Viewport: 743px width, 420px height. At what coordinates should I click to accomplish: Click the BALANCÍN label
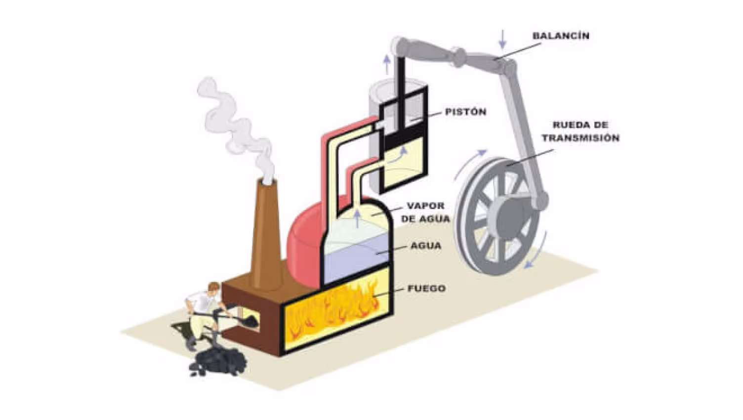pyautogui.click(x=561, y=36)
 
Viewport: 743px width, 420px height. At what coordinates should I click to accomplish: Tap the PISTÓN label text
pyautogui.click(x=465, y=112)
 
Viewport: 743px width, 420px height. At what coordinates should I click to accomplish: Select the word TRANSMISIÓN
pyautogui.click(x=581, y=138)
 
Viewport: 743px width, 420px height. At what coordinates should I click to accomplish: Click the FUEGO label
pyautogui.click(x=426, y=288)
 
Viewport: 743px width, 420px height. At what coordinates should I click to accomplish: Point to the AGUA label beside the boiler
pyautogui.click(x=426, y=246)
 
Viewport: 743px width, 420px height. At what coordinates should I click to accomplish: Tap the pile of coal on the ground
pyautogui.click(x=217, y=361)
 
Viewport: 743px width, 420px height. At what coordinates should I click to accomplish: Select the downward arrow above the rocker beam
pyautogui.click(x=502, y=39)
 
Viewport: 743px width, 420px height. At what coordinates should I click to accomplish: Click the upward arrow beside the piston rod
pyautogui.click(x=387, y=64)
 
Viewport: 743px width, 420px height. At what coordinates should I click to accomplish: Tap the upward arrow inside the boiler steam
pyautogui.click(x=357, y=218)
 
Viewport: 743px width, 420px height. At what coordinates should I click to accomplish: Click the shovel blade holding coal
pyautogui.click(x=250, y=321)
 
